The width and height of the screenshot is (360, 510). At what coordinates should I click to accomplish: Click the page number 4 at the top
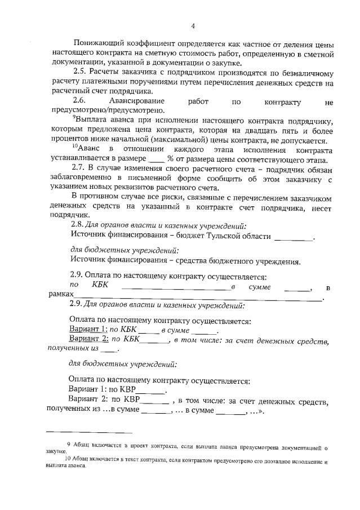(193, 25)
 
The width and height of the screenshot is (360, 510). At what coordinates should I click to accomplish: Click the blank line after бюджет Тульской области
(293, 238)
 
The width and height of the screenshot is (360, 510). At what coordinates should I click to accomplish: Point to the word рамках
(61, 294)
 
